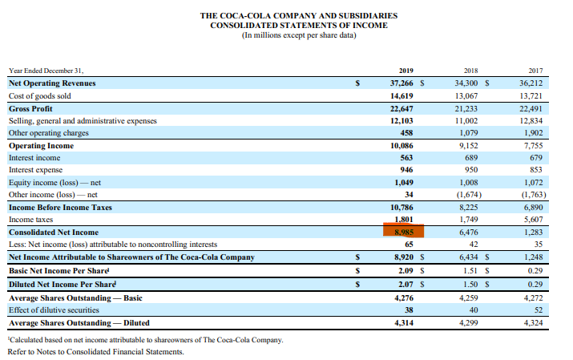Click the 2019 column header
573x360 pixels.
point(405,71)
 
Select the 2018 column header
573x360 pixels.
point(473,71)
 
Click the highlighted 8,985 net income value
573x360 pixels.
point(403,233)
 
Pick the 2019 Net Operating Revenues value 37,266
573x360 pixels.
point(402,83)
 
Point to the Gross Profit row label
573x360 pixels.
point(30,108)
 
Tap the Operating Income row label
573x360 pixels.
point(41,146)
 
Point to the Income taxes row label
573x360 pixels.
point(30,220)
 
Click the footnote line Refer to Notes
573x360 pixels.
point(95,351)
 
